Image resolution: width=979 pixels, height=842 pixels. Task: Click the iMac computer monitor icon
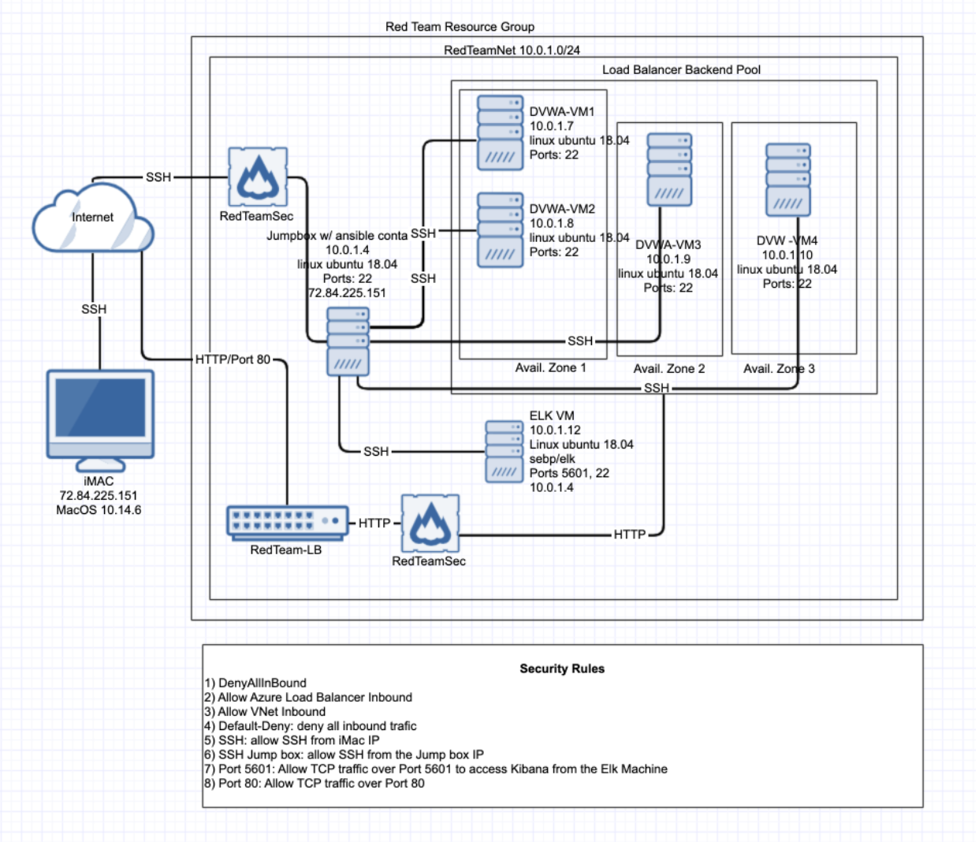tap(100, 414)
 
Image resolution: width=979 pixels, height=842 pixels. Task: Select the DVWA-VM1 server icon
tap(500, 132)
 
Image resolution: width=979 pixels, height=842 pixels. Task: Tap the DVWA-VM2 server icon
tap(500, 230)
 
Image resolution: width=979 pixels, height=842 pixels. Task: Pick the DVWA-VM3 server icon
tap(669, 170)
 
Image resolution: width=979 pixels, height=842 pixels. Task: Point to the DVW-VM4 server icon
tap(787, 180)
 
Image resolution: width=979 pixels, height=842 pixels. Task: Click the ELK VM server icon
tap(504, 451)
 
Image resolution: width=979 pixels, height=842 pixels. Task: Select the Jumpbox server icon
tap(348, 341)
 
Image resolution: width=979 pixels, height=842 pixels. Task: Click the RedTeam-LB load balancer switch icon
tap(287, 522)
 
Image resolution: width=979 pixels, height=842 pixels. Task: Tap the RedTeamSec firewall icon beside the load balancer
tap(430, 523)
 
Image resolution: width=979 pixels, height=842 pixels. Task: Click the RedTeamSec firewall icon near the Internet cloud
tap(258, 177)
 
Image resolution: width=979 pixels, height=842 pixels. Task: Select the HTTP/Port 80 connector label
tap(233, 360)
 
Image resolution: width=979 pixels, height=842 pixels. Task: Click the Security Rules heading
tap(562, 669)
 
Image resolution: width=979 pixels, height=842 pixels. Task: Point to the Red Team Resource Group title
tap(460, 27)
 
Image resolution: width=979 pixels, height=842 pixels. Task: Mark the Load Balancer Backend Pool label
tap(681, 69)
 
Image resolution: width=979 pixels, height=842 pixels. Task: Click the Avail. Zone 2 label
tap(669, 368)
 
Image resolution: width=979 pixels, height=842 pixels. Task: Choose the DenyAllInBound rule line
tap(255, 683)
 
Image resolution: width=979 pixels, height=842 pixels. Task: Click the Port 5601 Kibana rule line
tap(436, 769)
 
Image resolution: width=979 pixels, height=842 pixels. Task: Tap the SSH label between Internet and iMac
tap(94, 309)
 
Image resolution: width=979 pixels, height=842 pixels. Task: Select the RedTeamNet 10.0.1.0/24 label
tap(512, 50)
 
